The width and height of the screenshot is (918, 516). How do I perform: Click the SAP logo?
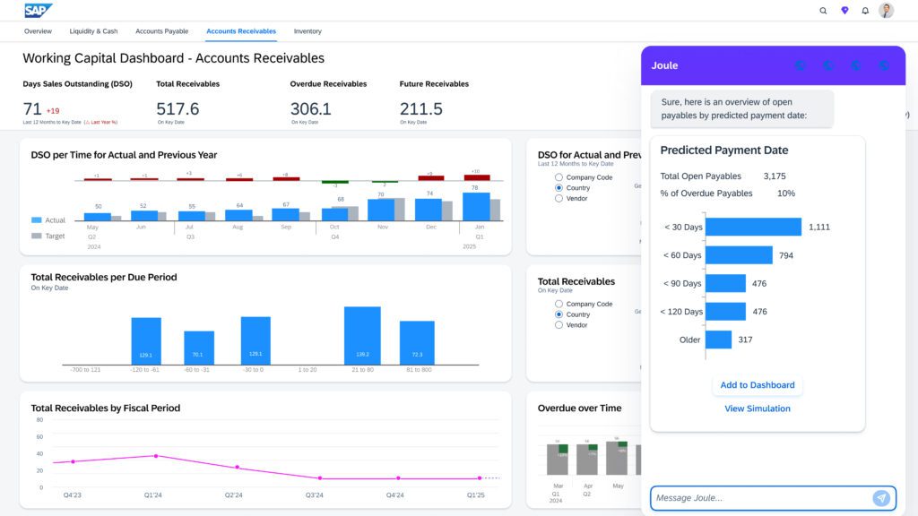tap(39, 11)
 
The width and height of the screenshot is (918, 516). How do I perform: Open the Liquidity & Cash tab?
tap(93, 31)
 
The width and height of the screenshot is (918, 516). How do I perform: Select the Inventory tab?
tap(307, 31)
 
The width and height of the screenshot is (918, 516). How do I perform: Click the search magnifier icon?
tap(823, 11)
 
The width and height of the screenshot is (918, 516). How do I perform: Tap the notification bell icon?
tap(865, 11)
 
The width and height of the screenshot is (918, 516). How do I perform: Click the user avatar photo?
tap(886, 11)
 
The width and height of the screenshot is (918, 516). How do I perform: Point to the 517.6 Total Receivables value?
tap(178, 109)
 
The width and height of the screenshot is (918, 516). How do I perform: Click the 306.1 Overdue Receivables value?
tap(310, 109)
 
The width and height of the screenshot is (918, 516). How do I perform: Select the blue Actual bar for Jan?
tap(476, 207)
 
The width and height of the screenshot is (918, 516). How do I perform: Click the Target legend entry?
tap(48, 236)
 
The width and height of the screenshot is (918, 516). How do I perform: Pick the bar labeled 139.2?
tap(362, 335)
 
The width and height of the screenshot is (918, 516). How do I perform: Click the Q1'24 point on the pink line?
tap(156, 456)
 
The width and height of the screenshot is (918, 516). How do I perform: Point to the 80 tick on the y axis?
tap(39, 419)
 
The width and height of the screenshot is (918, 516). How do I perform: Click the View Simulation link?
tap(758, 408)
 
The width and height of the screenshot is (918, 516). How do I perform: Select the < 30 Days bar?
tap(753, 227)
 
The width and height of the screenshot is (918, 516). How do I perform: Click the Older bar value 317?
tap(745, 340)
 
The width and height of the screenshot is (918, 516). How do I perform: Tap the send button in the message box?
tap(881, 498)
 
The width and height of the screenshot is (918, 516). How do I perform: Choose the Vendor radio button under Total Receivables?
tap(559, 325)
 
